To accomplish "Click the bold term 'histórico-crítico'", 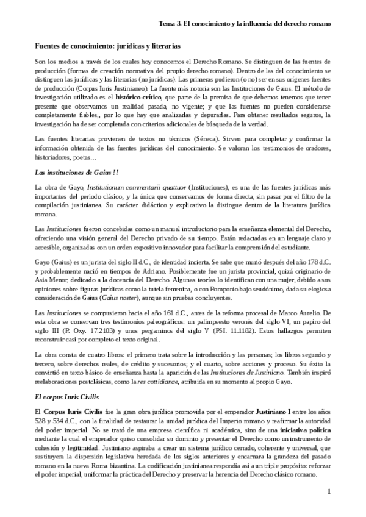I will tap(136, 97).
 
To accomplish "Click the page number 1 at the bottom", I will tap(329, 491).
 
